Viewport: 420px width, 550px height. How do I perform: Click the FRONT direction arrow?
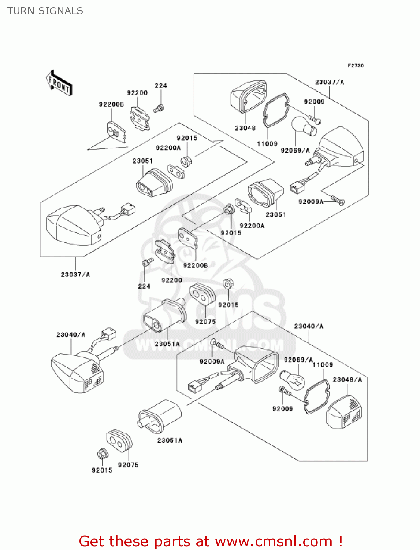tap(59, 83)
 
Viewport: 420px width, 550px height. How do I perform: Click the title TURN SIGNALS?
tap(45, 11)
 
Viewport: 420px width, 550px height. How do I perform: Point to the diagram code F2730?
tap(356, 66)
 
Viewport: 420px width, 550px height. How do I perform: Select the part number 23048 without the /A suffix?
tap(245, 128)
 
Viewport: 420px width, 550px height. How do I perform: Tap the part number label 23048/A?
tap(347, 380)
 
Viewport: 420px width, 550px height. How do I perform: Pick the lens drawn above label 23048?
tap(248, 96)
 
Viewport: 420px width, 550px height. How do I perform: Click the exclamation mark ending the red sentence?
tap(341, 541)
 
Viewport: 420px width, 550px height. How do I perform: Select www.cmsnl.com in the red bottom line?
tap(274, 542)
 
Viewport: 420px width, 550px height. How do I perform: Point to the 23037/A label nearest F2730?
tap(330, 82)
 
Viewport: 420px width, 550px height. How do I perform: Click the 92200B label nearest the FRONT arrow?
tap(111, 104)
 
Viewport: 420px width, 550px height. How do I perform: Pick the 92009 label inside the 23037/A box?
tap(314, 102)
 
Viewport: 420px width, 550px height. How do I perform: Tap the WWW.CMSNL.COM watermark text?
tap(209, 345)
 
